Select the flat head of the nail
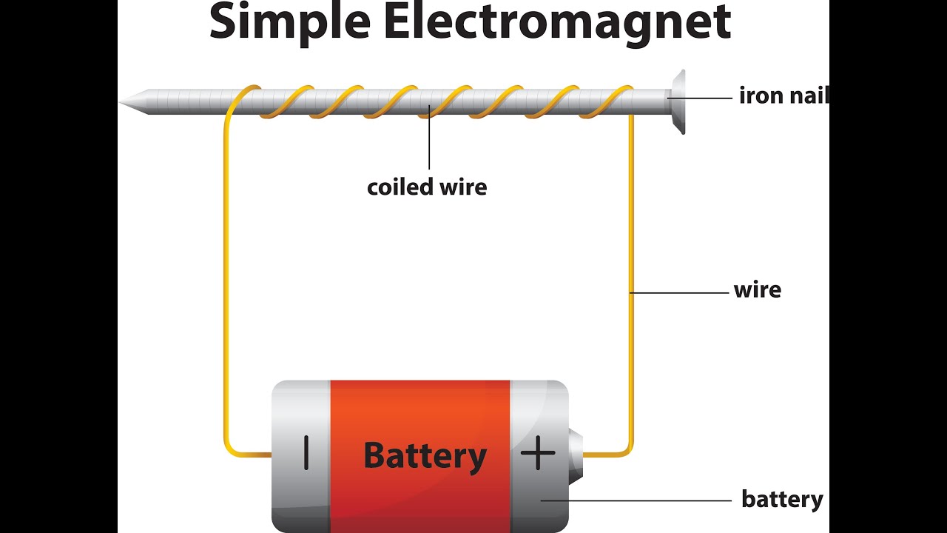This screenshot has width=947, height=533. tap(678, 101)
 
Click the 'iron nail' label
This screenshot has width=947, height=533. tap(783, 95)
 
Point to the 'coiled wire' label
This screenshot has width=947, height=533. tap(427, 187)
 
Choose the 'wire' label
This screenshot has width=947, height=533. tap(757, 289)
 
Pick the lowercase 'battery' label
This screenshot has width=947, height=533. tap(781, 500)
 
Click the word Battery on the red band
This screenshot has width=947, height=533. tap(425, 455)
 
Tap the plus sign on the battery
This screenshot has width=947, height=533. tap(538, 452)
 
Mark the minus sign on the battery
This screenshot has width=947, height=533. tap(306, 452)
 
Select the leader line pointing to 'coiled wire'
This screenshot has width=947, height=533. tap(429, 141)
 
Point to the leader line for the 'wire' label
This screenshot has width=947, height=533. tap(681, 293)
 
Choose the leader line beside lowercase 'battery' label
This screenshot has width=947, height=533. tap(636, 500)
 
